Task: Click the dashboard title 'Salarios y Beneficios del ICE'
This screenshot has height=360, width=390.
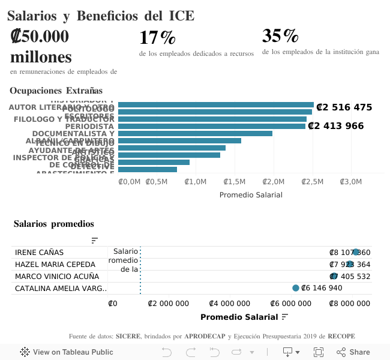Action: pos(101,16)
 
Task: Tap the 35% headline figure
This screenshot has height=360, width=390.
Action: pos(280,36)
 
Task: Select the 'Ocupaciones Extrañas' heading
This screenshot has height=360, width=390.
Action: pos(56,91)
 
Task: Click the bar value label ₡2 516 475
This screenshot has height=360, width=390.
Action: pos(344,107)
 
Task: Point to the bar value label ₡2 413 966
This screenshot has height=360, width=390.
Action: pos(336,126)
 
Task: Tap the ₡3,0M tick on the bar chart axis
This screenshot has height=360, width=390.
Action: pos(350,182)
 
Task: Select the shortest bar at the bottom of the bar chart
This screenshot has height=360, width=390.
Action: pos(148,169)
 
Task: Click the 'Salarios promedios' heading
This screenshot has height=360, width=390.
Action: pos(54,224)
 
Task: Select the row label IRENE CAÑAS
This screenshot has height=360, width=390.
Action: pos(39,253)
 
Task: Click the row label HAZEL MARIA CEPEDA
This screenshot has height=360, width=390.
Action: pos(55,265)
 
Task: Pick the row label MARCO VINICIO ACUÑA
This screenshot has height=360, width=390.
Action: pos(56,277)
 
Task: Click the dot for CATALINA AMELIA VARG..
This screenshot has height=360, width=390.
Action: pos(295,288)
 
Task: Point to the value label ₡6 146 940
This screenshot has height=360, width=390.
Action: pos(322,288)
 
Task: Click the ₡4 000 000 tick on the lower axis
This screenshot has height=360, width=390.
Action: pos(231,304)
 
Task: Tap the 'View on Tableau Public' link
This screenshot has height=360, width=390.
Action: pos(67,352)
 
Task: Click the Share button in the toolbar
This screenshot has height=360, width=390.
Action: pos(353,352)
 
